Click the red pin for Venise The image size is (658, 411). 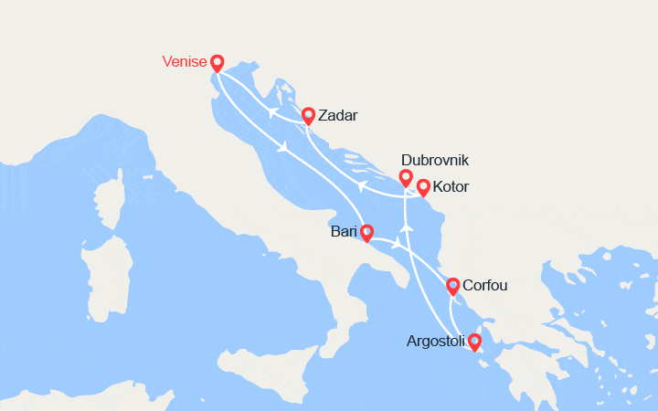[x=217, y=63]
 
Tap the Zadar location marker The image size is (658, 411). [x=309, y=116]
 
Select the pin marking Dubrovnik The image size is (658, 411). [x=406, y=177]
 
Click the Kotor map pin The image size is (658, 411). [x=423, y=187]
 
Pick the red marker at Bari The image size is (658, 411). [x=366, y=233]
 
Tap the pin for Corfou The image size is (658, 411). [x=453, y=286]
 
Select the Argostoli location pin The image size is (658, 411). [x=474, y=342]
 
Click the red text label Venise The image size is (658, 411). [x=183, y=62]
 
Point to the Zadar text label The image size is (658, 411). [x=340, y=116]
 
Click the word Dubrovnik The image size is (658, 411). [x=434, y=160]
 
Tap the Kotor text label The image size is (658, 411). [x=451, y=187]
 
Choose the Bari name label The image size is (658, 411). [x=344, y=232]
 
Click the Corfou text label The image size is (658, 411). [x=485, y=286]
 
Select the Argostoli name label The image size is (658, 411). [x=435, y=342]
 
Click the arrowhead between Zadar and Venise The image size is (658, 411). [x=272, y=112]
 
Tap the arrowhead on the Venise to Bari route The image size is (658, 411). [x=286, y=146]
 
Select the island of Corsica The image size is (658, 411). [x=111, y=196]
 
